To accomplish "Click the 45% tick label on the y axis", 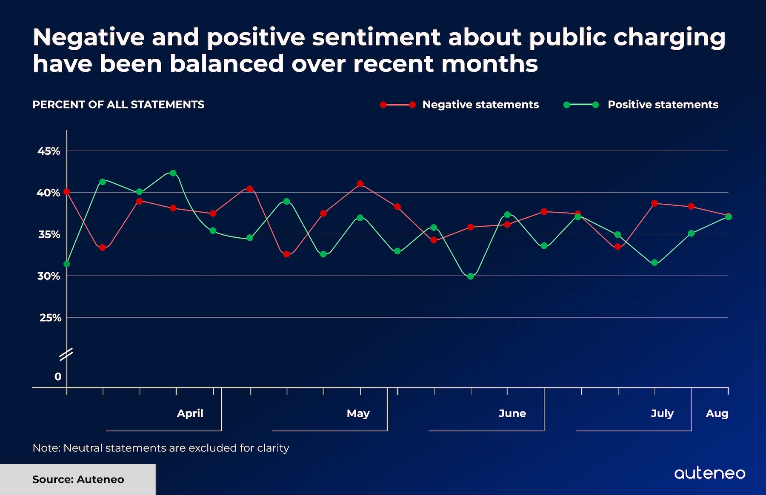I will [49, 151].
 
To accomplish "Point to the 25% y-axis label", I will [50, 318].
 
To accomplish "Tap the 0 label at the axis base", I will [58, 376].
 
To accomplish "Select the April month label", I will [190, 413].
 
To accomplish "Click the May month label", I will [358, 413].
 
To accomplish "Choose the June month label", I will [512, 413].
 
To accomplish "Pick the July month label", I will [662, 413].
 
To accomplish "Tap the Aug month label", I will [717, 413].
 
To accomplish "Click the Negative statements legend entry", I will [480, 105].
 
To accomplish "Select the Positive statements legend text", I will [663, 105].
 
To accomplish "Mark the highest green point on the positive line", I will [173, 173].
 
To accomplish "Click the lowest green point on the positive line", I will [470, 276].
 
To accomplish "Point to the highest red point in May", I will [360, 184].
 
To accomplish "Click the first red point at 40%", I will [67, 192].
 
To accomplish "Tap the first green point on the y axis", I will [67, 264].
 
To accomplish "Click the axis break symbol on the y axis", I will [66, 354].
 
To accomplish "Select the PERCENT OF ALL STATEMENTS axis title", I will [118, 105].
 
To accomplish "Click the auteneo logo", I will [709, 473].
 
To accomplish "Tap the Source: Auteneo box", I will [78, 479].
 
